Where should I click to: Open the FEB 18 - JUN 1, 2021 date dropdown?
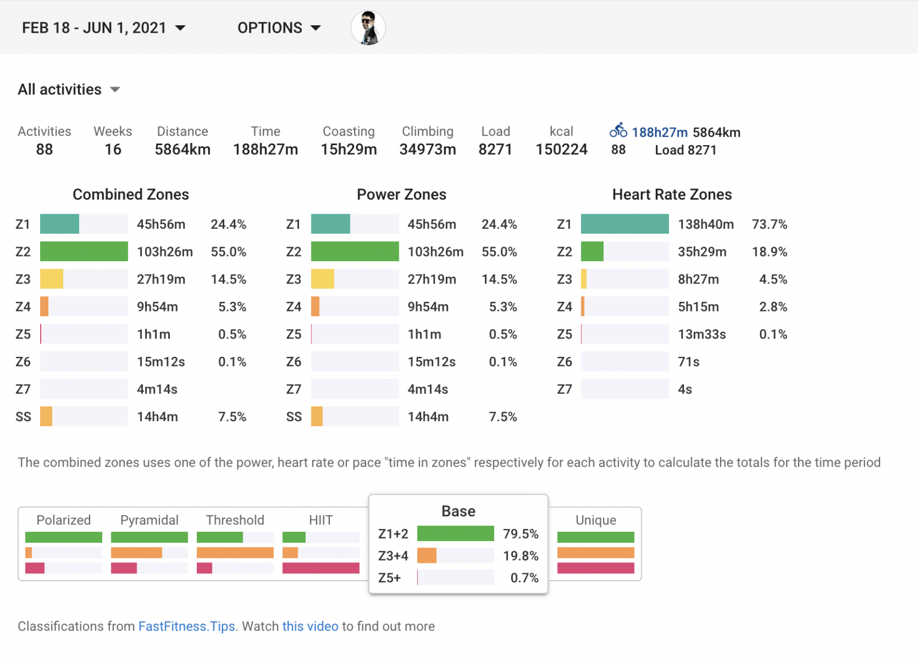pos(103,28)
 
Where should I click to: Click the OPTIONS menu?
pos(279,28)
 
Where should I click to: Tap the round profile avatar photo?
pos(368,28)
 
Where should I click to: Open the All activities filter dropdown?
pos(69,90)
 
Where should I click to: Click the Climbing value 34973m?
pos(427,150)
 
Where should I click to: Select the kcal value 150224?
pos(561,150)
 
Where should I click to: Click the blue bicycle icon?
pos(618,131)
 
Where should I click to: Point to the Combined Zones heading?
pos(131,195)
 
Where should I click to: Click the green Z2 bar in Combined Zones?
pos(84,251)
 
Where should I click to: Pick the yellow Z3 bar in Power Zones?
pos(322,279)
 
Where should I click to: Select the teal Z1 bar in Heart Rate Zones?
pos(624,224)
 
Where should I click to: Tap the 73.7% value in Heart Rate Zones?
pos(769,224)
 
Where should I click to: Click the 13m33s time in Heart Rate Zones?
pos(702,335)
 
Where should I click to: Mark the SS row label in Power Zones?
pos(294,417)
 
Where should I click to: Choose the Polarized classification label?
pos(64,520)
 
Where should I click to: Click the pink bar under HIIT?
pos(321,568)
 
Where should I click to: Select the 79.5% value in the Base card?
pos(520,534)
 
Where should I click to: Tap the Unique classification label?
pos(596,520)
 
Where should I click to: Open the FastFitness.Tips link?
pos(186,626)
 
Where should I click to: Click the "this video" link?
pos(310,626)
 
